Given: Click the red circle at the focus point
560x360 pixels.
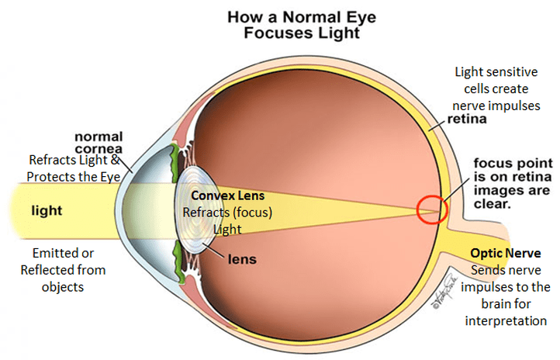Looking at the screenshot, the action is click(432, 209).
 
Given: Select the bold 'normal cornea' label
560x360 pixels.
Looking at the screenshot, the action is click(99, 143).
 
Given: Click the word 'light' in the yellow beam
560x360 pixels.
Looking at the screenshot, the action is click(47, 210).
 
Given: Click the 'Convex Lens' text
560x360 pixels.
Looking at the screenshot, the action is click(212, 196).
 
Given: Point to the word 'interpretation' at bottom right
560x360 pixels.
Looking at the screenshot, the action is click(510, 320).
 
